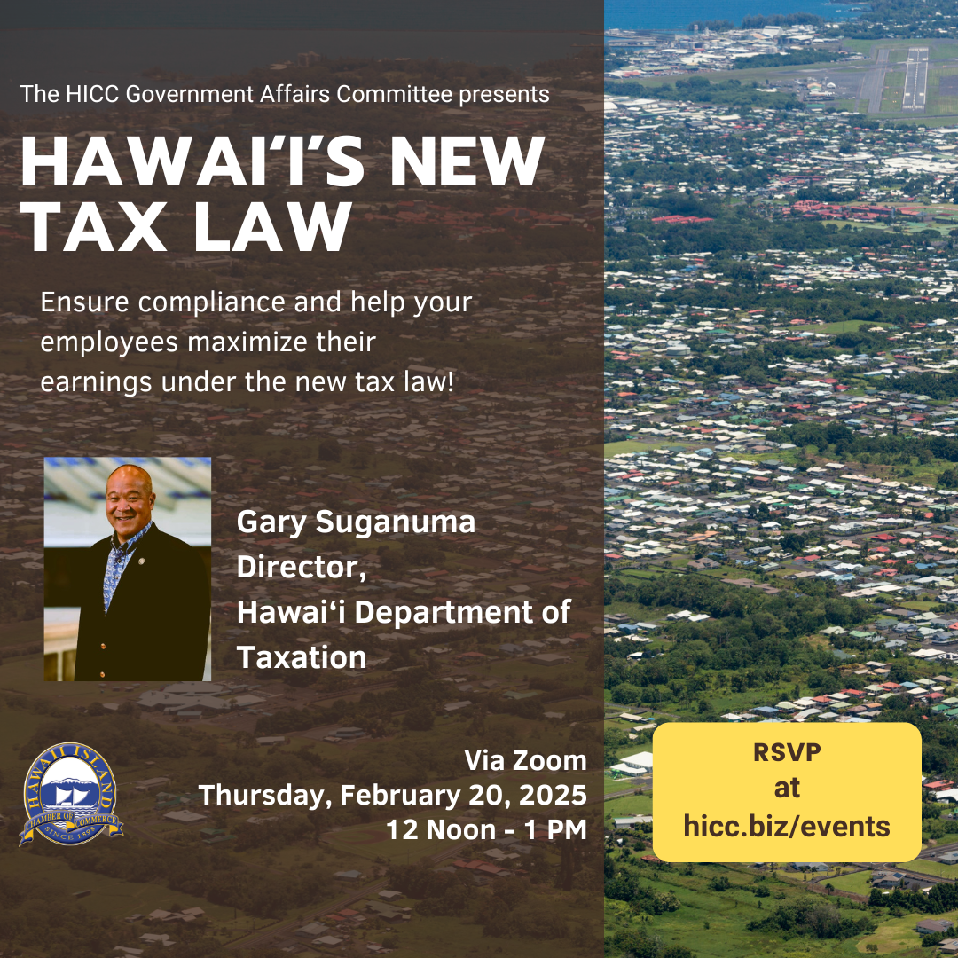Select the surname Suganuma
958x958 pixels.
click(395, 522)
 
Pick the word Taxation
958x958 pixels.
click(302, 657)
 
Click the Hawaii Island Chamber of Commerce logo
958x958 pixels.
click(71, 794)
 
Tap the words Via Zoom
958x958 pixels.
click(525, 761)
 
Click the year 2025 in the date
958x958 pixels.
click(552, 795)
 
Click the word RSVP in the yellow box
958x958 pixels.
click(787, 752)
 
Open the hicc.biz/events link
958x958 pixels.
click(787, 827)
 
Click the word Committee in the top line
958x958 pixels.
click(395, 94)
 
